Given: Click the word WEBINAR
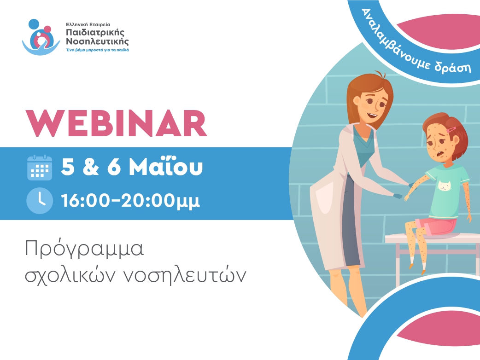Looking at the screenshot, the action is [117, 123].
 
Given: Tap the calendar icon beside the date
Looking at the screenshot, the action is [40, 168].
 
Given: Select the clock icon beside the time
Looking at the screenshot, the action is [40, 201].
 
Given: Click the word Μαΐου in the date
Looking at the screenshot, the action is [166, 166].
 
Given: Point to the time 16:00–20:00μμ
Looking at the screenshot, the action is [130, 201].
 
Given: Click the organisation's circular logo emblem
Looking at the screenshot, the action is [41, 37].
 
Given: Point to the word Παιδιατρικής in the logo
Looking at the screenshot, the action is [95, 33].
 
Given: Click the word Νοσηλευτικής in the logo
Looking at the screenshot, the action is [97, 41].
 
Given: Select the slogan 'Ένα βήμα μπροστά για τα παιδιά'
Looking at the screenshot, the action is [97, 50].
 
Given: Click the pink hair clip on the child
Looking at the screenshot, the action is [451, 130].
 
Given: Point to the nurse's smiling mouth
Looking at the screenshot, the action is [372, 116].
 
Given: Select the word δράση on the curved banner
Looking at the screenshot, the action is [453, 66].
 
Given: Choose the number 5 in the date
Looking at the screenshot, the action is [68, 167].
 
